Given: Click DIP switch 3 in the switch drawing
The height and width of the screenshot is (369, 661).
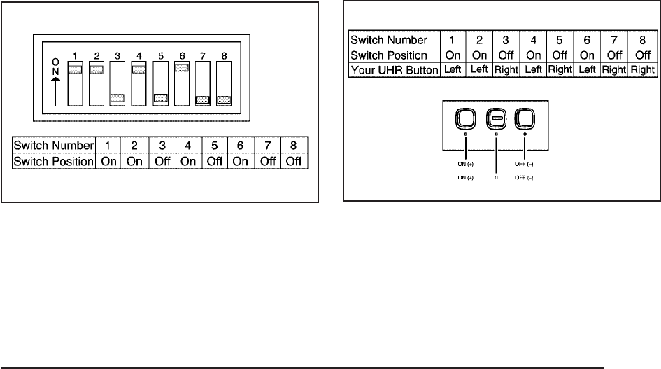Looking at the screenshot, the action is (117, 83).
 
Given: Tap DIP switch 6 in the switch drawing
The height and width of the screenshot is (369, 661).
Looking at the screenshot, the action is (181, 83).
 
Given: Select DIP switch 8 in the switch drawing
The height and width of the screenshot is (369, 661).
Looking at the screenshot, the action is (224, 83).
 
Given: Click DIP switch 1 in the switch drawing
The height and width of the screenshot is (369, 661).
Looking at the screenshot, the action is (74, 83).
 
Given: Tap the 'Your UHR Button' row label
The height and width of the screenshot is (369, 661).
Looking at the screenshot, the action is (393, 69).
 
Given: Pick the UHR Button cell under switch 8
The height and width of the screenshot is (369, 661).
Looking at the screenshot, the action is (641, 69).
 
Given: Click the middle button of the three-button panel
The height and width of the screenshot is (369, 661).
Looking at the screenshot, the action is (496, 119).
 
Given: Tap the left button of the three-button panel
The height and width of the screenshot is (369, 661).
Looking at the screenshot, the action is (467, 119).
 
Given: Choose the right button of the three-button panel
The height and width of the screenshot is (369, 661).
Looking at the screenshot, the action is (525, 119).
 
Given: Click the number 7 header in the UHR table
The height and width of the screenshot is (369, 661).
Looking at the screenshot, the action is (616, 40).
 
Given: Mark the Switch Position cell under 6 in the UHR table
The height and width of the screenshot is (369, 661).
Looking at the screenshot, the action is (589, 55).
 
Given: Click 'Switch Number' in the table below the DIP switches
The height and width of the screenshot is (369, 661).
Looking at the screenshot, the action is (54, 146).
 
